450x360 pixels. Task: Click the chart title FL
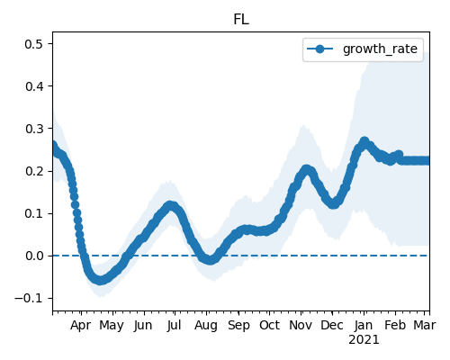click(241, 20)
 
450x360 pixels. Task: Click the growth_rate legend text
click(380, 49)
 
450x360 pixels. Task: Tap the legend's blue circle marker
click(319, 49)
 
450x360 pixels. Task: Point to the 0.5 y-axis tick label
click(34, 44)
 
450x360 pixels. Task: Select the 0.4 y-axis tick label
click(34, 86)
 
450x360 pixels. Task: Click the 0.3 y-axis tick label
click(34, 129)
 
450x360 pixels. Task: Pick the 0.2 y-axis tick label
click(34, 171)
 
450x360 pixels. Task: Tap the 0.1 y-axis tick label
click(34, 214)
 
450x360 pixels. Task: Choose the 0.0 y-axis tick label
click(34, 256)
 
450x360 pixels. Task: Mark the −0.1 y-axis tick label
click(29, 299)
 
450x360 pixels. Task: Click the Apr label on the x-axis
click(81, 326)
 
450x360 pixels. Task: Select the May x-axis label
click(112, 326)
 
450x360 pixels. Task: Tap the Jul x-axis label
click(174, 325)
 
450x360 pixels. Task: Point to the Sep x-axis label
click(238, 326)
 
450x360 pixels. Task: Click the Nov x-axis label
click(301, 325)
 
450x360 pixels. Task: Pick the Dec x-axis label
click(332, 325)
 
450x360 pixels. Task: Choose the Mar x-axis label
click(425, 325)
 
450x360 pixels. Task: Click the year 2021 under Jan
click(364, 340)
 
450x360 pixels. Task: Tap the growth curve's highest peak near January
click(364, 141)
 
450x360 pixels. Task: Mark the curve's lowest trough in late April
click(100, 280)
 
